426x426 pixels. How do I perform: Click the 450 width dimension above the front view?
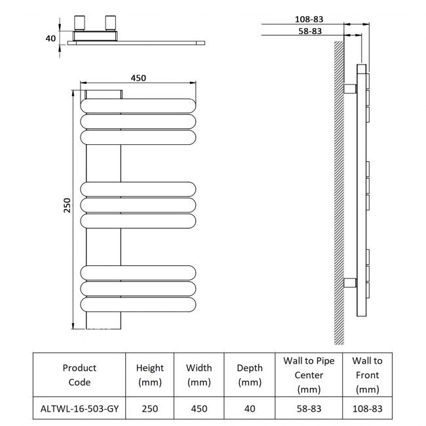click(138, 77)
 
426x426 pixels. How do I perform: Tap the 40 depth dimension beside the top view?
click(50, 38)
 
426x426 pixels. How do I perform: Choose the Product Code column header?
click(79, 375)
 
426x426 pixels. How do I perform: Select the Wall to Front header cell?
click(367, 375)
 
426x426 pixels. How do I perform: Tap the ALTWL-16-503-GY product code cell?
click(79, 408)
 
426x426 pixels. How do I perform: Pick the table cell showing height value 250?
click(149, 408)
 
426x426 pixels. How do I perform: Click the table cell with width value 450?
click(199, 408)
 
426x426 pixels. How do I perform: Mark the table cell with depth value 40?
click(250, 408)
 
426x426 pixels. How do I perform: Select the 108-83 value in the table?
click(367, 408)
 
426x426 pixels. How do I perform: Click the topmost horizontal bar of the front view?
click(138, 106)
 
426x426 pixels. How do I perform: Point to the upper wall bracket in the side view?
click(349, 88)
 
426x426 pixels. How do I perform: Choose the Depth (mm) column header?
click(250, 375)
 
